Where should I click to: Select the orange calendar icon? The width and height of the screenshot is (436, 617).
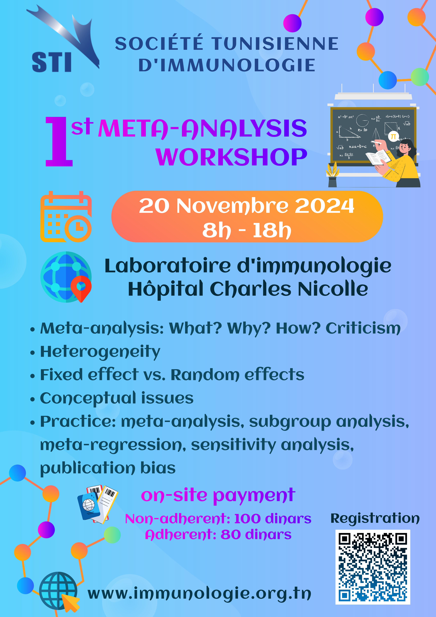66,217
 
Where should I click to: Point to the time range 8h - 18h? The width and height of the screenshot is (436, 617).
247,230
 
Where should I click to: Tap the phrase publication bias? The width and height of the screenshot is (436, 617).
108,468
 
